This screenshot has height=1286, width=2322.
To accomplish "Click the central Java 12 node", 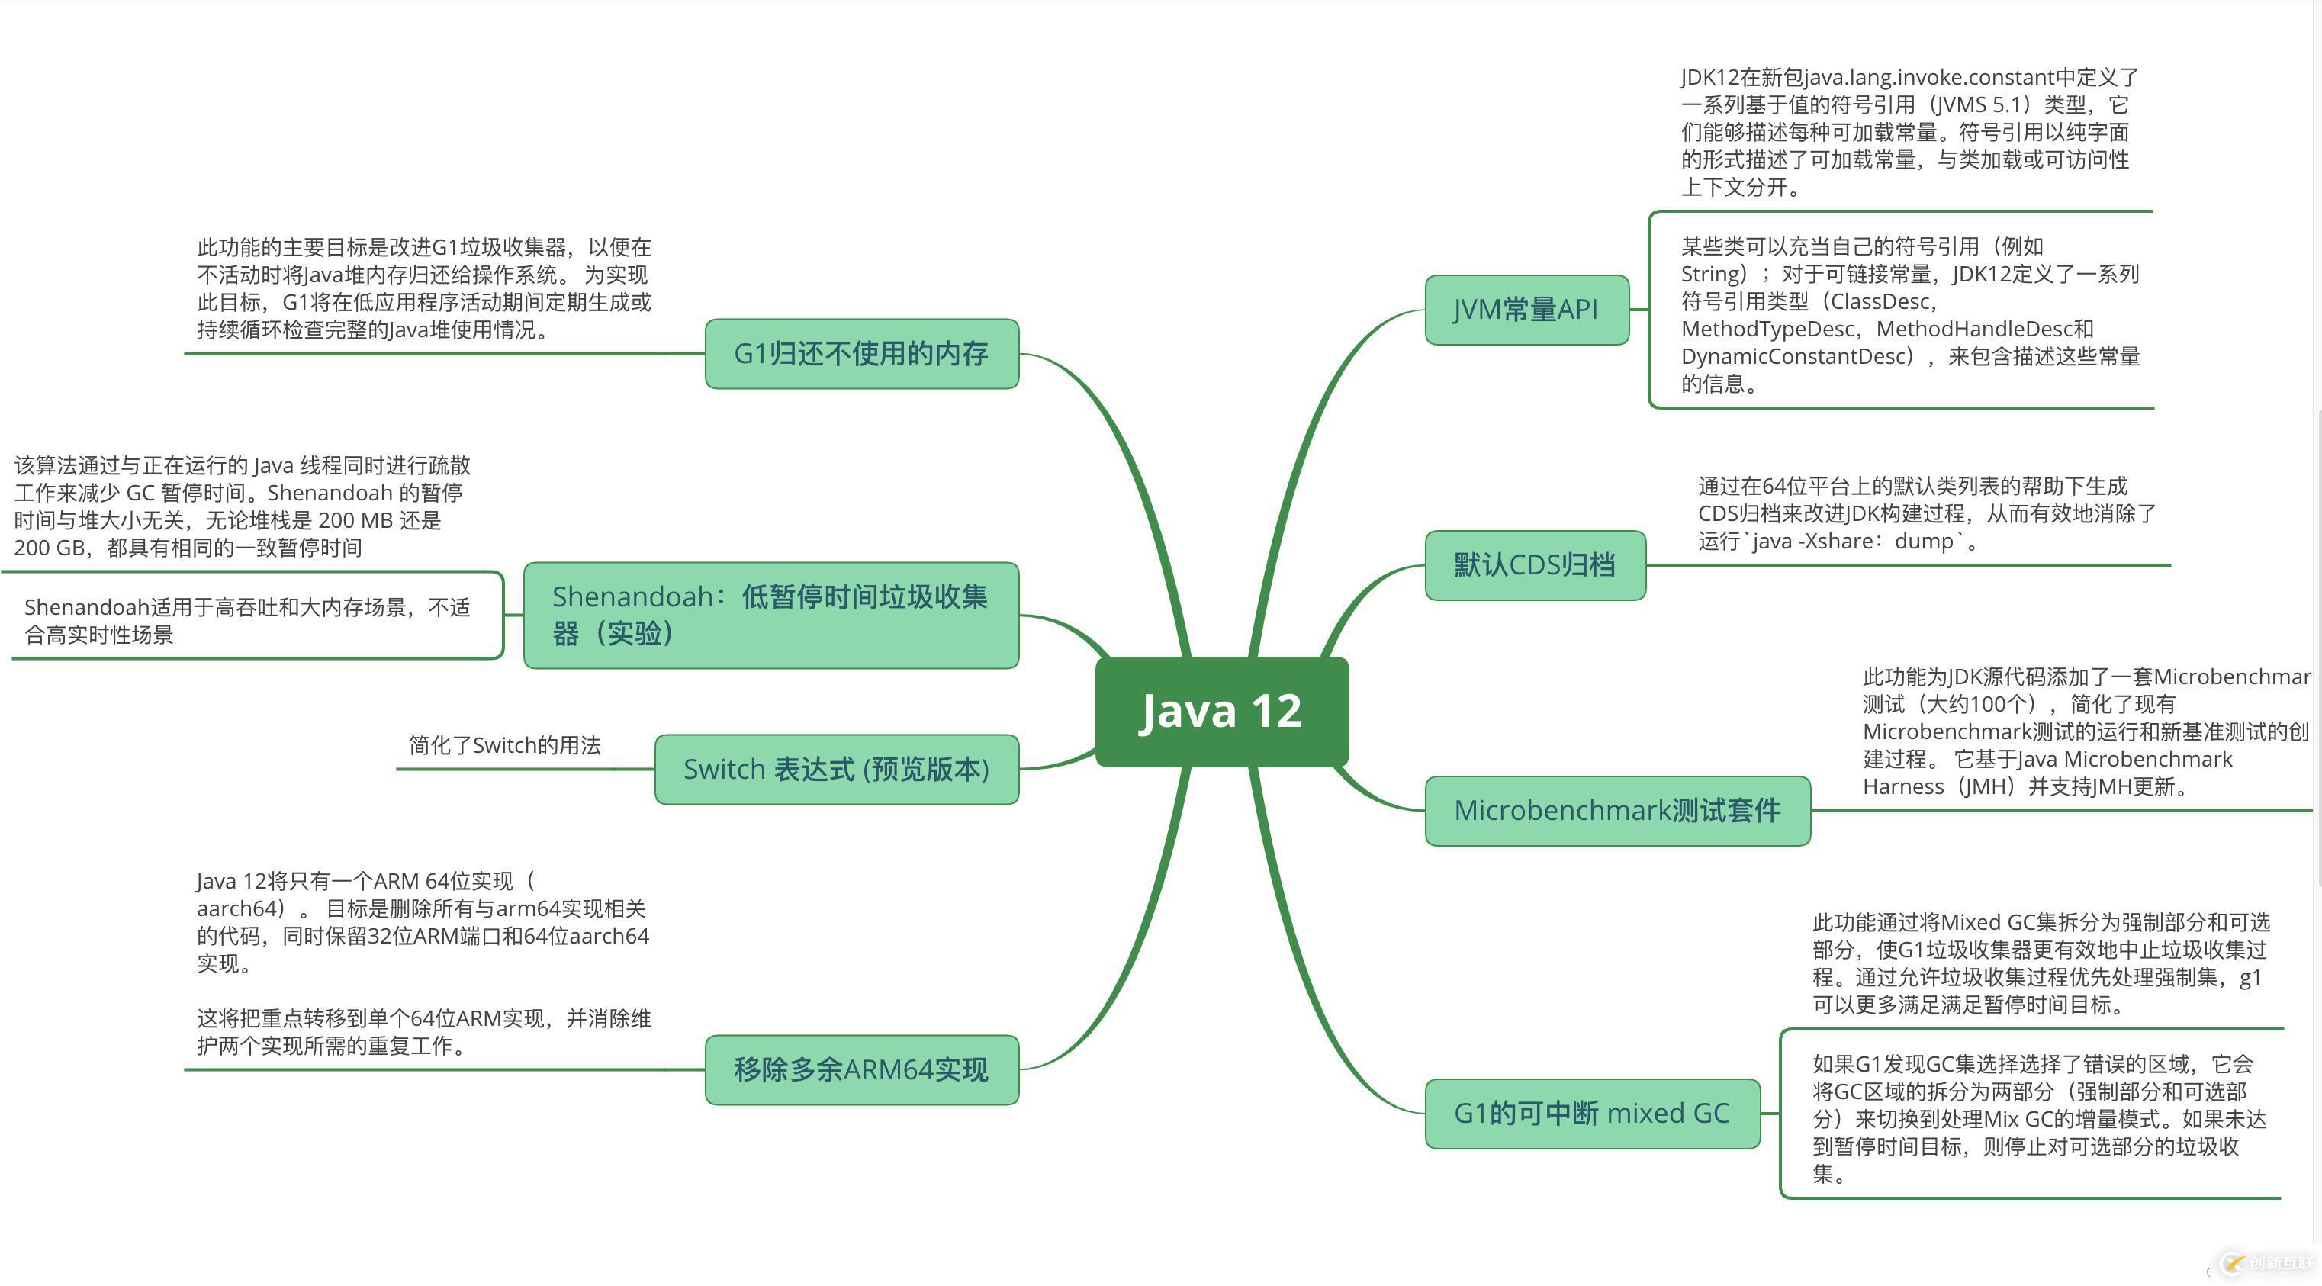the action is [1221, 711].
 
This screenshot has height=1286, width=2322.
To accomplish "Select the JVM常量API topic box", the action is [1526, 310].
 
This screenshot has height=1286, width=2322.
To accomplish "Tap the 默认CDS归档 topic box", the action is [1535, 565].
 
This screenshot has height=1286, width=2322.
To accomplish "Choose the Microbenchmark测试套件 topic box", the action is [1617, 810].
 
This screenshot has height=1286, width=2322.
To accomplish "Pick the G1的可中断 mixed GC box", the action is [1592, 1114].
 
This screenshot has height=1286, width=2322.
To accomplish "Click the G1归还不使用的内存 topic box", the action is [862, 353].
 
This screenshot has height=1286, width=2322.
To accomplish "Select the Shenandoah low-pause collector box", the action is [770, 616].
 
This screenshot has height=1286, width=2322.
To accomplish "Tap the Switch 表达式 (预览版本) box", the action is [837, 770].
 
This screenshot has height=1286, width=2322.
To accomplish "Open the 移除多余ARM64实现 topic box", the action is [862, 1069].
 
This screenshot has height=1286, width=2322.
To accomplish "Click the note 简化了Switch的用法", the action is [505, 745].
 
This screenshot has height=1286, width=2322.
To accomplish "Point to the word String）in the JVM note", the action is [1713, 274].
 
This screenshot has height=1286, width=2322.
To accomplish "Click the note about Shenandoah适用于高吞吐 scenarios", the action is [248, 621].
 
